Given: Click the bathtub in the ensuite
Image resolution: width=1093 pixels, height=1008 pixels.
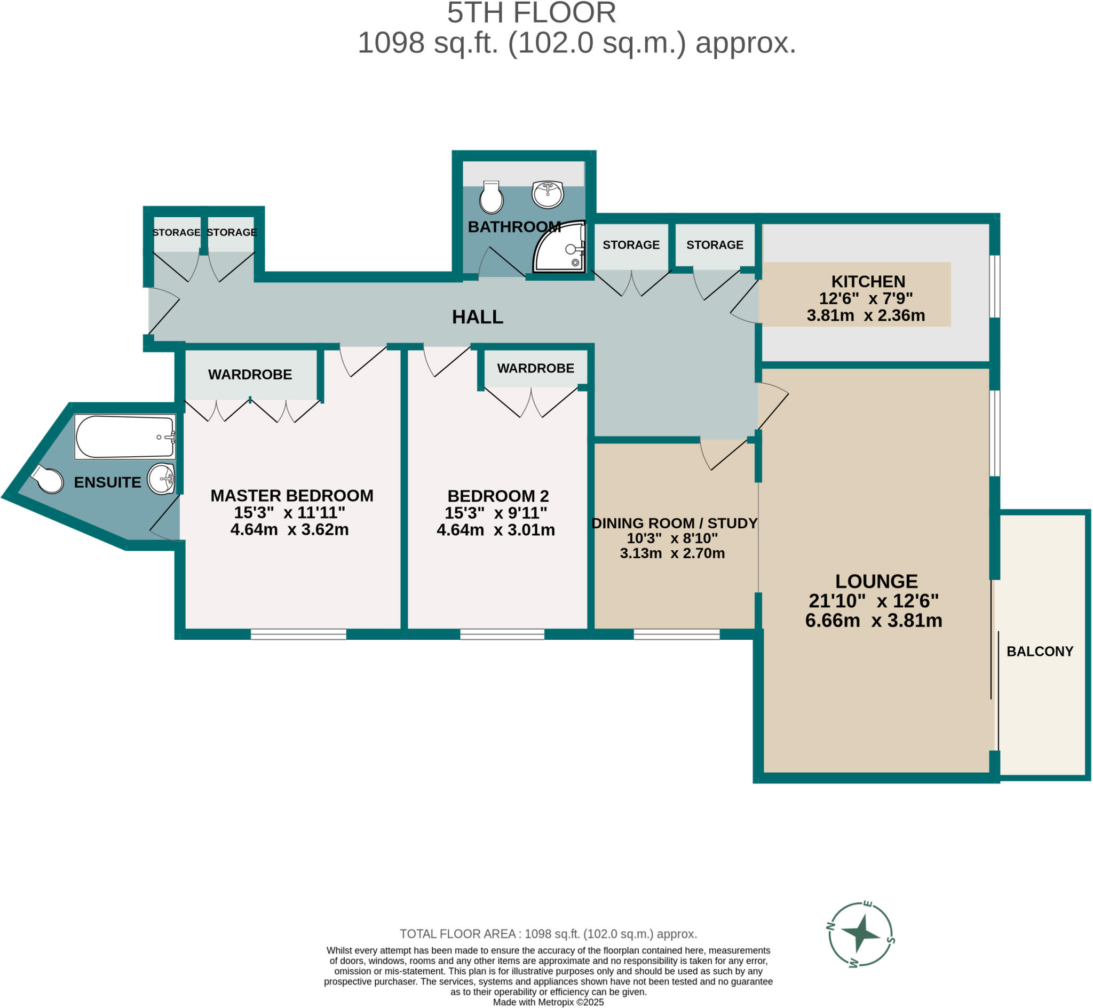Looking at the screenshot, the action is (x=125, y=437).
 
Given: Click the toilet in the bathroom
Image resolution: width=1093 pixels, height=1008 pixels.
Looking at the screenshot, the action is (x=491, y=197).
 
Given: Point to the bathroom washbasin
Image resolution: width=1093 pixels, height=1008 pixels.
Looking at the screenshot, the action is (x=548, y=195).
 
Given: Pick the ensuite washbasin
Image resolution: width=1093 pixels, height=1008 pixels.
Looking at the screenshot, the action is (x=161, y=479).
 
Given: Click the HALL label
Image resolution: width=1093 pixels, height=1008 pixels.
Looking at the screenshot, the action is (x=477, y=317).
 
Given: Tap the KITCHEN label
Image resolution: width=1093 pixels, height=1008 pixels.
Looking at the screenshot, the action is (x=868, y=281).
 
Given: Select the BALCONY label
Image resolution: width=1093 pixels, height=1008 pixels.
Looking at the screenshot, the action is (x=1040, y=651).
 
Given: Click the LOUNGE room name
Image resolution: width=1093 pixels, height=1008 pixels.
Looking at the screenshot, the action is (x=876, y=581).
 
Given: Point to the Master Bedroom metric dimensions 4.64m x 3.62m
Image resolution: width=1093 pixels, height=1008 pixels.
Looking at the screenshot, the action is (x=289, y=530).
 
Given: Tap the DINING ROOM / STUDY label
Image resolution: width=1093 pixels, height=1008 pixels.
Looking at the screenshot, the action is (x=674, y=523).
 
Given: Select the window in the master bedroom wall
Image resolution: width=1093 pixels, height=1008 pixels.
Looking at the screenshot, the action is (x=298, y=634).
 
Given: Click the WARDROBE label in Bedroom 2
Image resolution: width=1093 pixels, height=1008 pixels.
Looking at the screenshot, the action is (x=535, y=368).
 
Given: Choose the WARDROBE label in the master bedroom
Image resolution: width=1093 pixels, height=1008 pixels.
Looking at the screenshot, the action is (x=250, y=374).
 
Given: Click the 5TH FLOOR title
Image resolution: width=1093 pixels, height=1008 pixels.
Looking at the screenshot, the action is (x=531, y=13).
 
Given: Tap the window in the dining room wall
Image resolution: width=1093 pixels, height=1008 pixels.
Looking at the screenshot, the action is (x=676, y=634).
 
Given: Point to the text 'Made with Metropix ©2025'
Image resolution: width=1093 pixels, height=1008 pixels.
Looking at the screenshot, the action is (x=548, y=1002).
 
